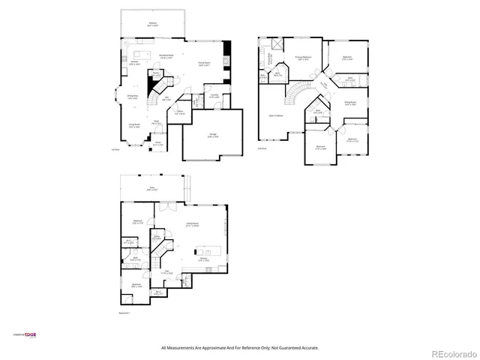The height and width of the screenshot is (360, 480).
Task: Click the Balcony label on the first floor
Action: point(153,23)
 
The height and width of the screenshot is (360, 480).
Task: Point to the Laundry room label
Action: point(214,96)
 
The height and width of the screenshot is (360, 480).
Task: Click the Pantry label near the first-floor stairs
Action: point(157,72)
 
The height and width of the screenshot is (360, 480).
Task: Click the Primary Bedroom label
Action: point(302,57)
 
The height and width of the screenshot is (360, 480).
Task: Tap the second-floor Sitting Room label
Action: point(349,103)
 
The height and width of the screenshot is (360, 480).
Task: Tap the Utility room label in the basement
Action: point(157,237)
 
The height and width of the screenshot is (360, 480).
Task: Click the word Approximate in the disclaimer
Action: point(215,348)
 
